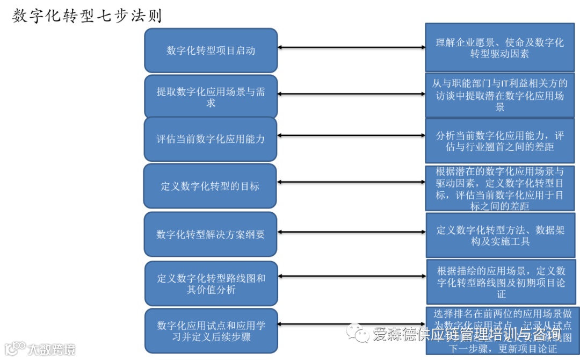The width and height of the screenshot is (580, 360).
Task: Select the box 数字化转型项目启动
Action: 211,51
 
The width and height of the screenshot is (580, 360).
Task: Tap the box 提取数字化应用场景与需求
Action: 211,97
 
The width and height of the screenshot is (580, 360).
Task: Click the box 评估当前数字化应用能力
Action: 211,139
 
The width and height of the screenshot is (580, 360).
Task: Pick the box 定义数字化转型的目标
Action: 210,186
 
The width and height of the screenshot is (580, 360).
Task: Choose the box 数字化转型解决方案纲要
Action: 211,234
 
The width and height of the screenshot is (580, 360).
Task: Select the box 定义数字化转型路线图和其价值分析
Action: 211,284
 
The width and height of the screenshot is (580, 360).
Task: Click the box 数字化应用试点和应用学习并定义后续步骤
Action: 211,331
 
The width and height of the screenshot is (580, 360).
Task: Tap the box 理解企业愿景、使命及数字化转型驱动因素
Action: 499,48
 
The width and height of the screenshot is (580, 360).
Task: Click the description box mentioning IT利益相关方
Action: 499,96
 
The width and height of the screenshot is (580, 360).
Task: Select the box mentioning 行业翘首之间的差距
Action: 499,140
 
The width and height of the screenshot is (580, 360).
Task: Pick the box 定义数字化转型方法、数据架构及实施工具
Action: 499,235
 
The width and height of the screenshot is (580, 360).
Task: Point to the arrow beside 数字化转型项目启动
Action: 351,48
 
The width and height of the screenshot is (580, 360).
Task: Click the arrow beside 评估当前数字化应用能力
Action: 351,136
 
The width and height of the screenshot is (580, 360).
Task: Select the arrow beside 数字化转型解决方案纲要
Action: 351,232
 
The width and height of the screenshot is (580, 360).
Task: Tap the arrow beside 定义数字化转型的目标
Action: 351,184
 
